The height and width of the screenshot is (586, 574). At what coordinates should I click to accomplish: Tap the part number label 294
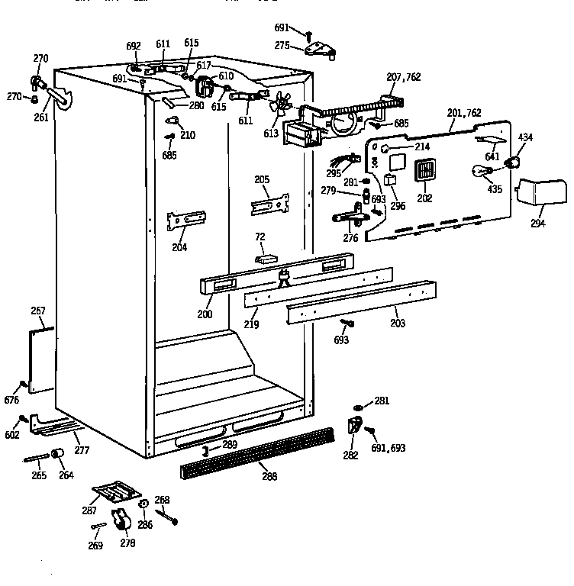click(x=539, y=224)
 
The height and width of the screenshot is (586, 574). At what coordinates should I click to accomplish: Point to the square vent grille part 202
click(x=424, y=171)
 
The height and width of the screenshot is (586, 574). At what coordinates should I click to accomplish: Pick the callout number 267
click(x=38, y=311)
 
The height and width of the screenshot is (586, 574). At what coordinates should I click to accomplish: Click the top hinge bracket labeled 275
click(x=321, y=49)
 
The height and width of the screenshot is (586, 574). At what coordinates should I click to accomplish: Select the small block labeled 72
click(x=264, y=257)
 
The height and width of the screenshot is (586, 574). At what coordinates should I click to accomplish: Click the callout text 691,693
click(x=388, y=449)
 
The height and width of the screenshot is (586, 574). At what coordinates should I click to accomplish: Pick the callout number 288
click(x=268, y=477)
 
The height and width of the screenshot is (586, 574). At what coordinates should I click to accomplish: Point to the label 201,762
click(x=464, y=113)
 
